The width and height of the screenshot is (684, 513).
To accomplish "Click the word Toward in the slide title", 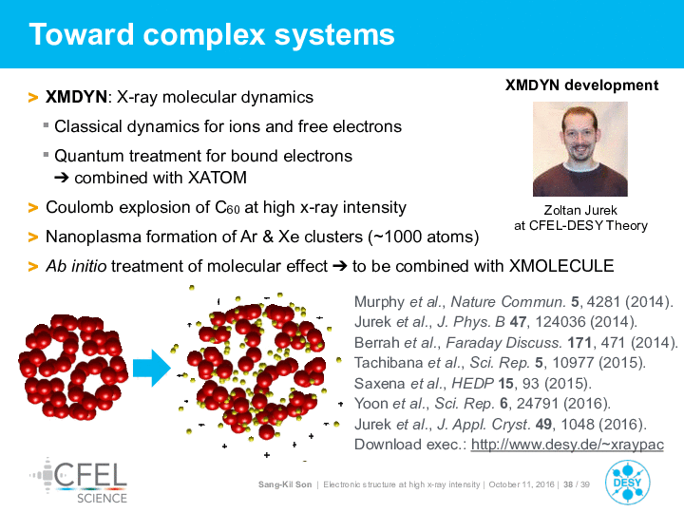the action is pyautogui.click(x=82, y=34).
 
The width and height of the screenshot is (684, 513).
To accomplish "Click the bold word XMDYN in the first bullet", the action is pyautogui.click(x=76, y=97).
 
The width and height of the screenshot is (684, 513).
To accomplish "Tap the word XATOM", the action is pyautogui.click(x=218, y=178).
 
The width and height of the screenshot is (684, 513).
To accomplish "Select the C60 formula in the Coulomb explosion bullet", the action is pyautogui.click(x=227, y=207).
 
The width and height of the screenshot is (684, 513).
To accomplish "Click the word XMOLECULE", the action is pyautogui.click(x=561, y=266).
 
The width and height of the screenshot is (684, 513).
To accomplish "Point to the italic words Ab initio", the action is pyautogui.click(x=76, y=266).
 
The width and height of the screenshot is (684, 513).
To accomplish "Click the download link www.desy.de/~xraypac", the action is pyautogui.click(x=567, y=445).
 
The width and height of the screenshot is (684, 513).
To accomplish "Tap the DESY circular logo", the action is pyautogui.click(x=627, y=483).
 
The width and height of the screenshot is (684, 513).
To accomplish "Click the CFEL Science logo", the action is pyautogui.click(x=80, y=481).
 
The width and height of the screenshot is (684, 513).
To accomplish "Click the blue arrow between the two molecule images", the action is pyautogui.click(x=151, y=368).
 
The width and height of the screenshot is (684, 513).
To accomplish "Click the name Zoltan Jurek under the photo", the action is pyautogui.click(x=580, y=210).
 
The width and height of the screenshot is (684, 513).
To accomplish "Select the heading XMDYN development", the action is pyautogui.click(x=581, y=85).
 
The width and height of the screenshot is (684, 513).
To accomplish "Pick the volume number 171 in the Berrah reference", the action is pyautogui.click(x=579, y=342).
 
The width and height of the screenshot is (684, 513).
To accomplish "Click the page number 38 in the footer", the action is pyautogui.click(x=568, y=484).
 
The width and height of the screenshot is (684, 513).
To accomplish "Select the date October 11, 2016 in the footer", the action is pyautogui.click(x=522, y=484).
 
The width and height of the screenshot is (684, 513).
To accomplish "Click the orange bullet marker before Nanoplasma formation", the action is pyautogui.click(x=33, y=237).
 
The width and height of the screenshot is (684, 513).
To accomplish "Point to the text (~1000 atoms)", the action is pyautogui.click(x=423, y=237).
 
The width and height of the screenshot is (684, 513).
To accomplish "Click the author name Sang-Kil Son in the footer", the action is pyautogui.click(x=285, y=484).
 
